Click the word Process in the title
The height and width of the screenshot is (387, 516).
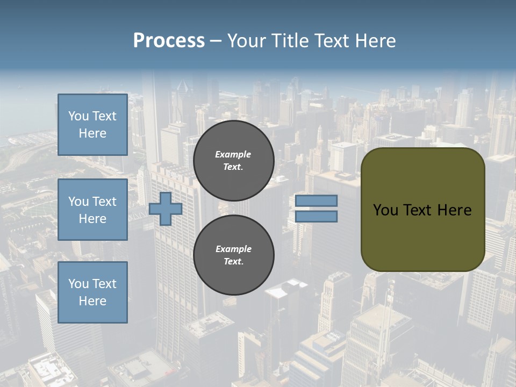tap(169, 41)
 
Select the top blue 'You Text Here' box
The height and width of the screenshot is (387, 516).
tap(92, 125)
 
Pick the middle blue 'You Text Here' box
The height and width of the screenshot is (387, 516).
tap(92, 210)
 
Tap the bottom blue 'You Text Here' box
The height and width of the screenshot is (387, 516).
tap(92, 292)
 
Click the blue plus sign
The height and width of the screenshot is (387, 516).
tap(166, 209)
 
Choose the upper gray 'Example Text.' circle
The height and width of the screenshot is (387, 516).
tap(234, 161)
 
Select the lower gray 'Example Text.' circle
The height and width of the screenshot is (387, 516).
tap(234, 255)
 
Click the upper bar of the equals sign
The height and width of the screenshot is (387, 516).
tap(316, 201)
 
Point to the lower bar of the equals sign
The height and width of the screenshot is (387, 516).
tap(316, 217)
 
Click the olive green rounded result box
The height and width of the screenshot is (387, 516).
tap(423, 209)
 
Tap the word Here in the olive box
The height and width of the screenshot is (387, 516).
tap(454, 210)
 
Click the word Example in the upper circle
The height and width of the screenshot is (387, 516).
tap(233, 154)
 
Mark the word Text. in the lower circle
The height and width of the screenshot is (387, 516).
tap(233, 262)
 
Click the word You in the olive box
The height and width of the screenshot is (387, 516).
tap(385, 210)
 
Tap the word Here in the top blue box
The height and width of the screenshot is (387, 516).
tap(92, 133)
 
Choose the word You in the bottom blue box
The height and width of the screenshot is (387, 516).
tap(78, 284)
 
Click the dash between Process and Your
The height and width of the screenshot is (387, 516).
tap(216, 41)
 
